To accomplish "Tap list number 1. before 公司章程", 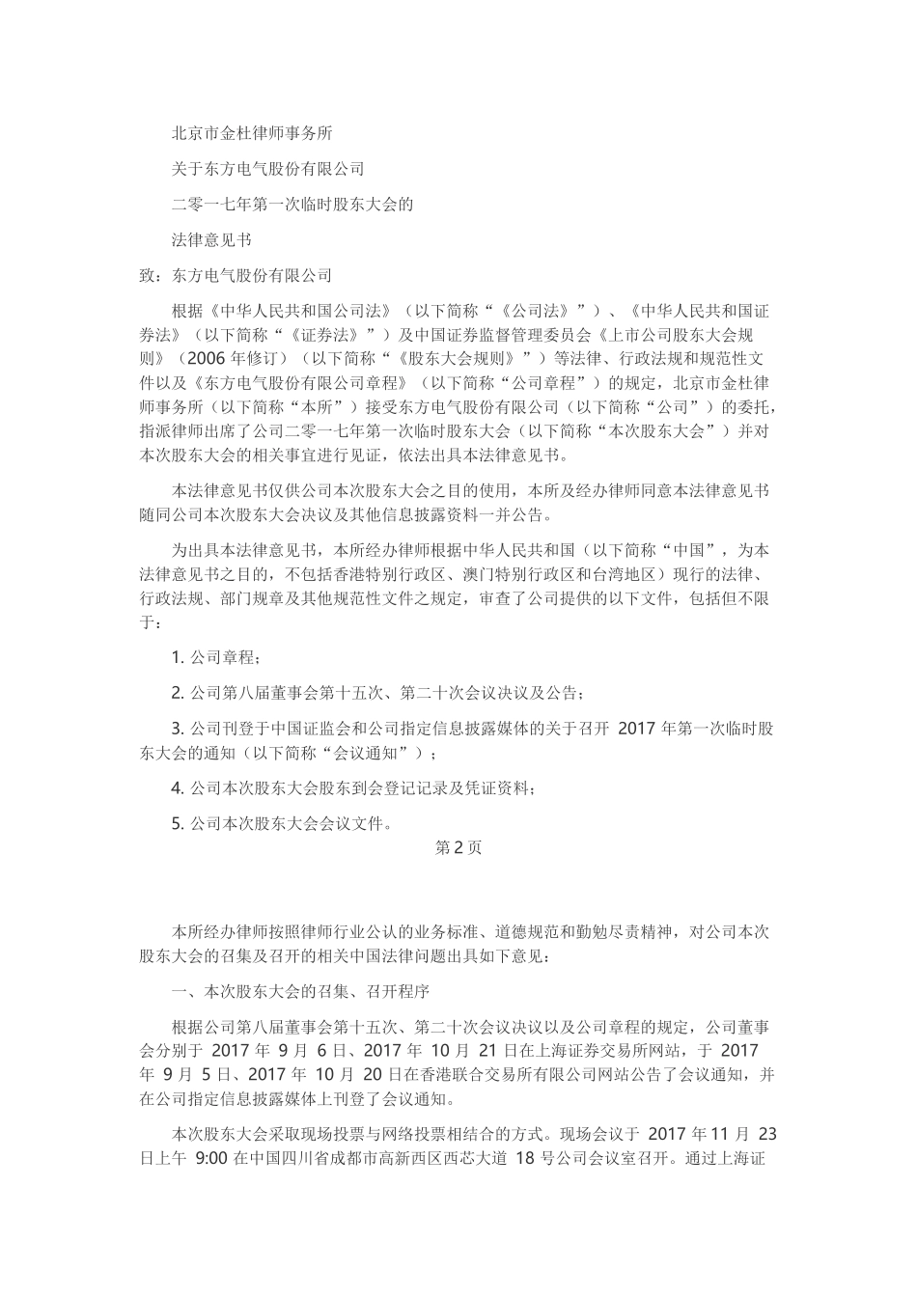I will (178, 657).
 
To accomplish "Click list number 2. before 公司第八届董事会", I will (178, 693).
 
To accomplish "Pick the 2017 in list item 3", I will (637, 729).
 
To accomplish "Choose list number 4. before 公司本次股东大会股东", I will (178, 788).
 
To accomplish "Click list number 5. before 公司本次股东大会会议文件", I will (178, 824).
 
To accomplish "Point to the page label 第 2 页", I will (458, 848).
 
